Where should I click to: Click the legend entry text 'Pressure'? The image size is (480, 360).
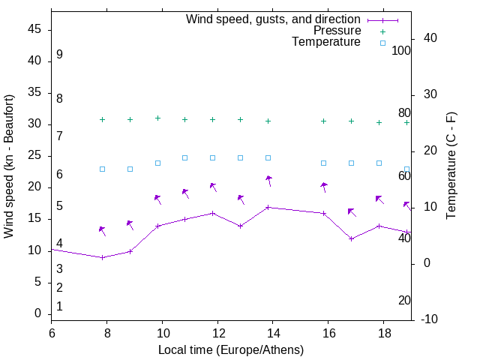pyautogui.click(x=337, y=31)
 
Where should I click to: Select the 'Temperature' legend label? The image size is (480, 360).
pyautogui.click(x=326, y=42)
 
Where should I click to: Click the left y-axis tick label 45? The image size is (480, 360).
pyautogui.click(x=34, y=30)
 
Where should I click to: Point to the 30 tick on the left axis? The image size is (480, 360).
pyautogui.click(x=34, y=124)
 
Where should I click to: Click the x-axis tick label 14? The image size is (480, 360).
pyautogui.click(x=273, y=333)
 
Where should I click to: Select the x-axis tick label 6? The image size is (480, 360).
pyautogui.click(x=52, y=333)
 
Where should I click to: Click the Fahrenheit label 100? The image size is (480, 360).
pyautogui.click(x=402, y=51)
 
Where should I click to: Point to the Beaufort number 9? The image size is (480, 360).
pyautogui.click(x=59, y=55)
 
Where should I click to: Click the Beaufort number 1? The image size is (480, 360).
pyautogui.click(x=59, y=306)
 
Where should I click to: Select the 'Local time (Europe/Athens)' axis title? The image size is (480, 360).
pyautogui.click(x=231, y=349)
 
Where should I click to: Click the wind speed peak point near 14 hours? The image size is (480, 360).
pyautogui.click(x=268, y=207)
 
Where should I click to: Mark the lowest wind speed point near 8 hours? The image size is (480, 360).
pyautogui.click(x=103, y=257)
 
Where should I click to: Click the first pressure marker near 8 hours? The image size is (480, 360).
pyautogui.click(x=103, y=119)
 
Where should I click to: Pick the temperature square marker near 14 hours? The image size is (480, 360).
pyautogui.click(x=268, y=157)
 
